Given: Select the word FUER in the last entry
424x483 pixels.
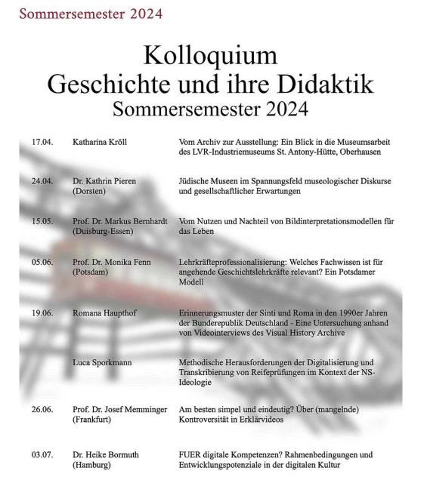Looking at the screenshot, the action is (190, 455).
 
